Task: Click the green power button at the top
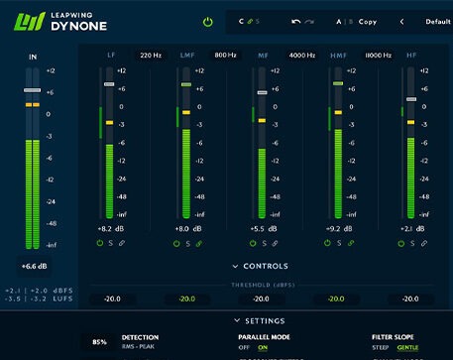[x=207, y=21]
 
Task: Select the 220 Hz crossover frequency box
[x=151, y=56]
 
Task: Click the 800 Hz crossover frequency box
[x=225, y=56]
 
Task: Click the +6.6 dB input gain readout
[x=34, y=266]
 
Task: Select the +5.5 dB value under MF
[x=262, y=229]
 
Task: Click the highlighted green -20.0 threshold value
[x=185, y=299]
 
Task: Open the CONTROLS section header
[x=260, y=266]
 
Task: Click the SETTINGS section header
[x=260, y=320]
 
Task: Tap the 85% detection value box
[x=99, y=342]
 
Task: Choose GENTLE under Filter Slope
[x=408, y=347]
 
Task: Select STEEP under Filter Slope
[x=381, y=347]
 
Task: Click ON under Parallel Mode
[x=264, y=347]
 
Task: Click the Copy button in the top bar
[x=368, y=21]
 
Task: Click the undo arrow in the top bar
[x=296, y=21]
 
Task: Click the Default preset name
[x=437, y=21]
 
